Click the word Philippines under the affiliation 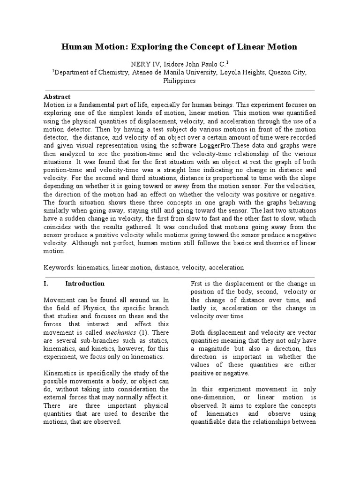(x=180, y=81)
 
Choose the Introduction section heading (x=85, y=284)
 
